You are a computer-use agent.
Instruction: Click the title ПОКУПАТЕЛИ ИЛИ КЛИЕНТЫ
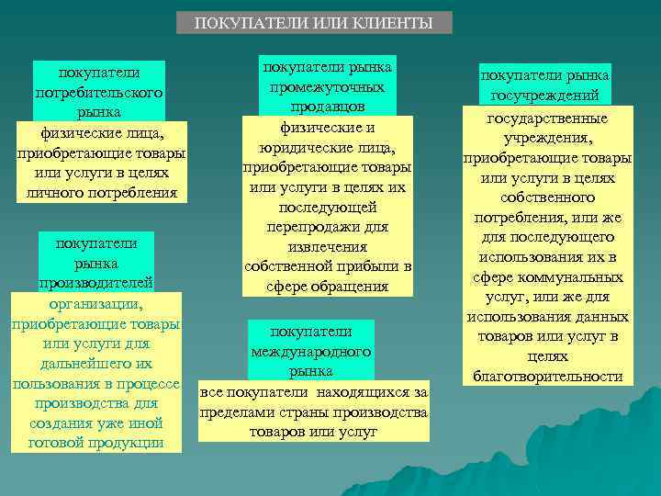point(314,23)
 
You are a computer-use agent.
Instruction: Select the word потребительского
point(98,92)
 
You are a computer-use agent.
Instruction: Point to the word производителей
point(96,283)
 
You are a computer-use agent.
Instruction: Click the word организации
point(96,303)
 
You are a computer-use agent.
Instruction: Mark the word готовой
point(57,443)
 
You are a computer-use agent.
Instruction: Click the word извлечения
point(328,247)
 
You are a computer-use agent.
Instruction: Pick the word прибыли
point(366,266)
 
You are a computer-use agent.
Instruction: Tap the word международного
point(311,352)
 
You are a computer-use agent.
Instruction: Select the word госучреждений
point(545,96)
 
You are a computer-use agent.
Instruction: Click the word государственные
point(547,118)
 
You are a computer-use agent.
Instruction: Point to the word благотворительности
point(548,377)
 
